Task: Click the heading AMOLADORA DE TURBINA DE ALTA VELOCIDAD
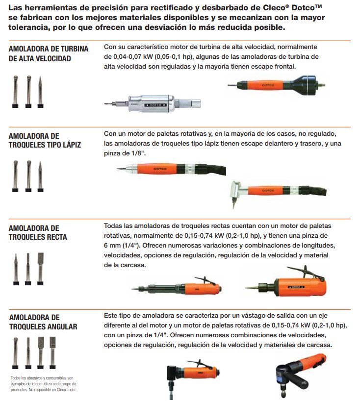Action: (x=49, y=53)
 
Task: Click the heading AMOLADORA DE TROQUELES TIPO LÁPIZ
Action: (x=45, y=140)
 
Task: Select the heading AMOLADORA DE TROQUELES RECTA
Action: (x=38, y=232)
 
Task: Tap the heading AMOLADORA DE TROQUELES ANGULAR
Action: (x=43, y=322)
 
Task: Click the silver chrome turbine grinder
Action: (x=153, y=103)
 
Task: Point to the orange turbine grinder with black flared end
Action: (x=276, y=85)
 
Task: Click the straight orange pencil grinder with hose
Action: (x=171, y=169)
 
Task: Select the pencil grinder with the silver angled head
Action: (x=279, y=192)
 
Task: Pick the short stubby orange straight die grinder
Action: (x=286, y=283)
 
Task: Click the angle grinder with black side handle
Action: (x=301, y=376)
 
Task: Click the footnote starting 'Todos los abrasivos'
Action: (x=44, y=384)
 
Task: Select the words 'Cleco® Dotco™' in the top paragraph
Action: (x=292, y=7)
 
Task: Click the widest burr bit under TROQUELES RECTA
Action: (x=40, y=269)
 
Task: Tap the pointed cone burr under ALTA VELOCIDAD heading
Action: (x=40, y=92)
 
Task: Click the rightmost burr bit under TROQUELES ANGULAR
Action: (x=52, y=352)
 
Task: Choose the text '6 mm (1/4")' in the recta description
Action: (x=122, y=246)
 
